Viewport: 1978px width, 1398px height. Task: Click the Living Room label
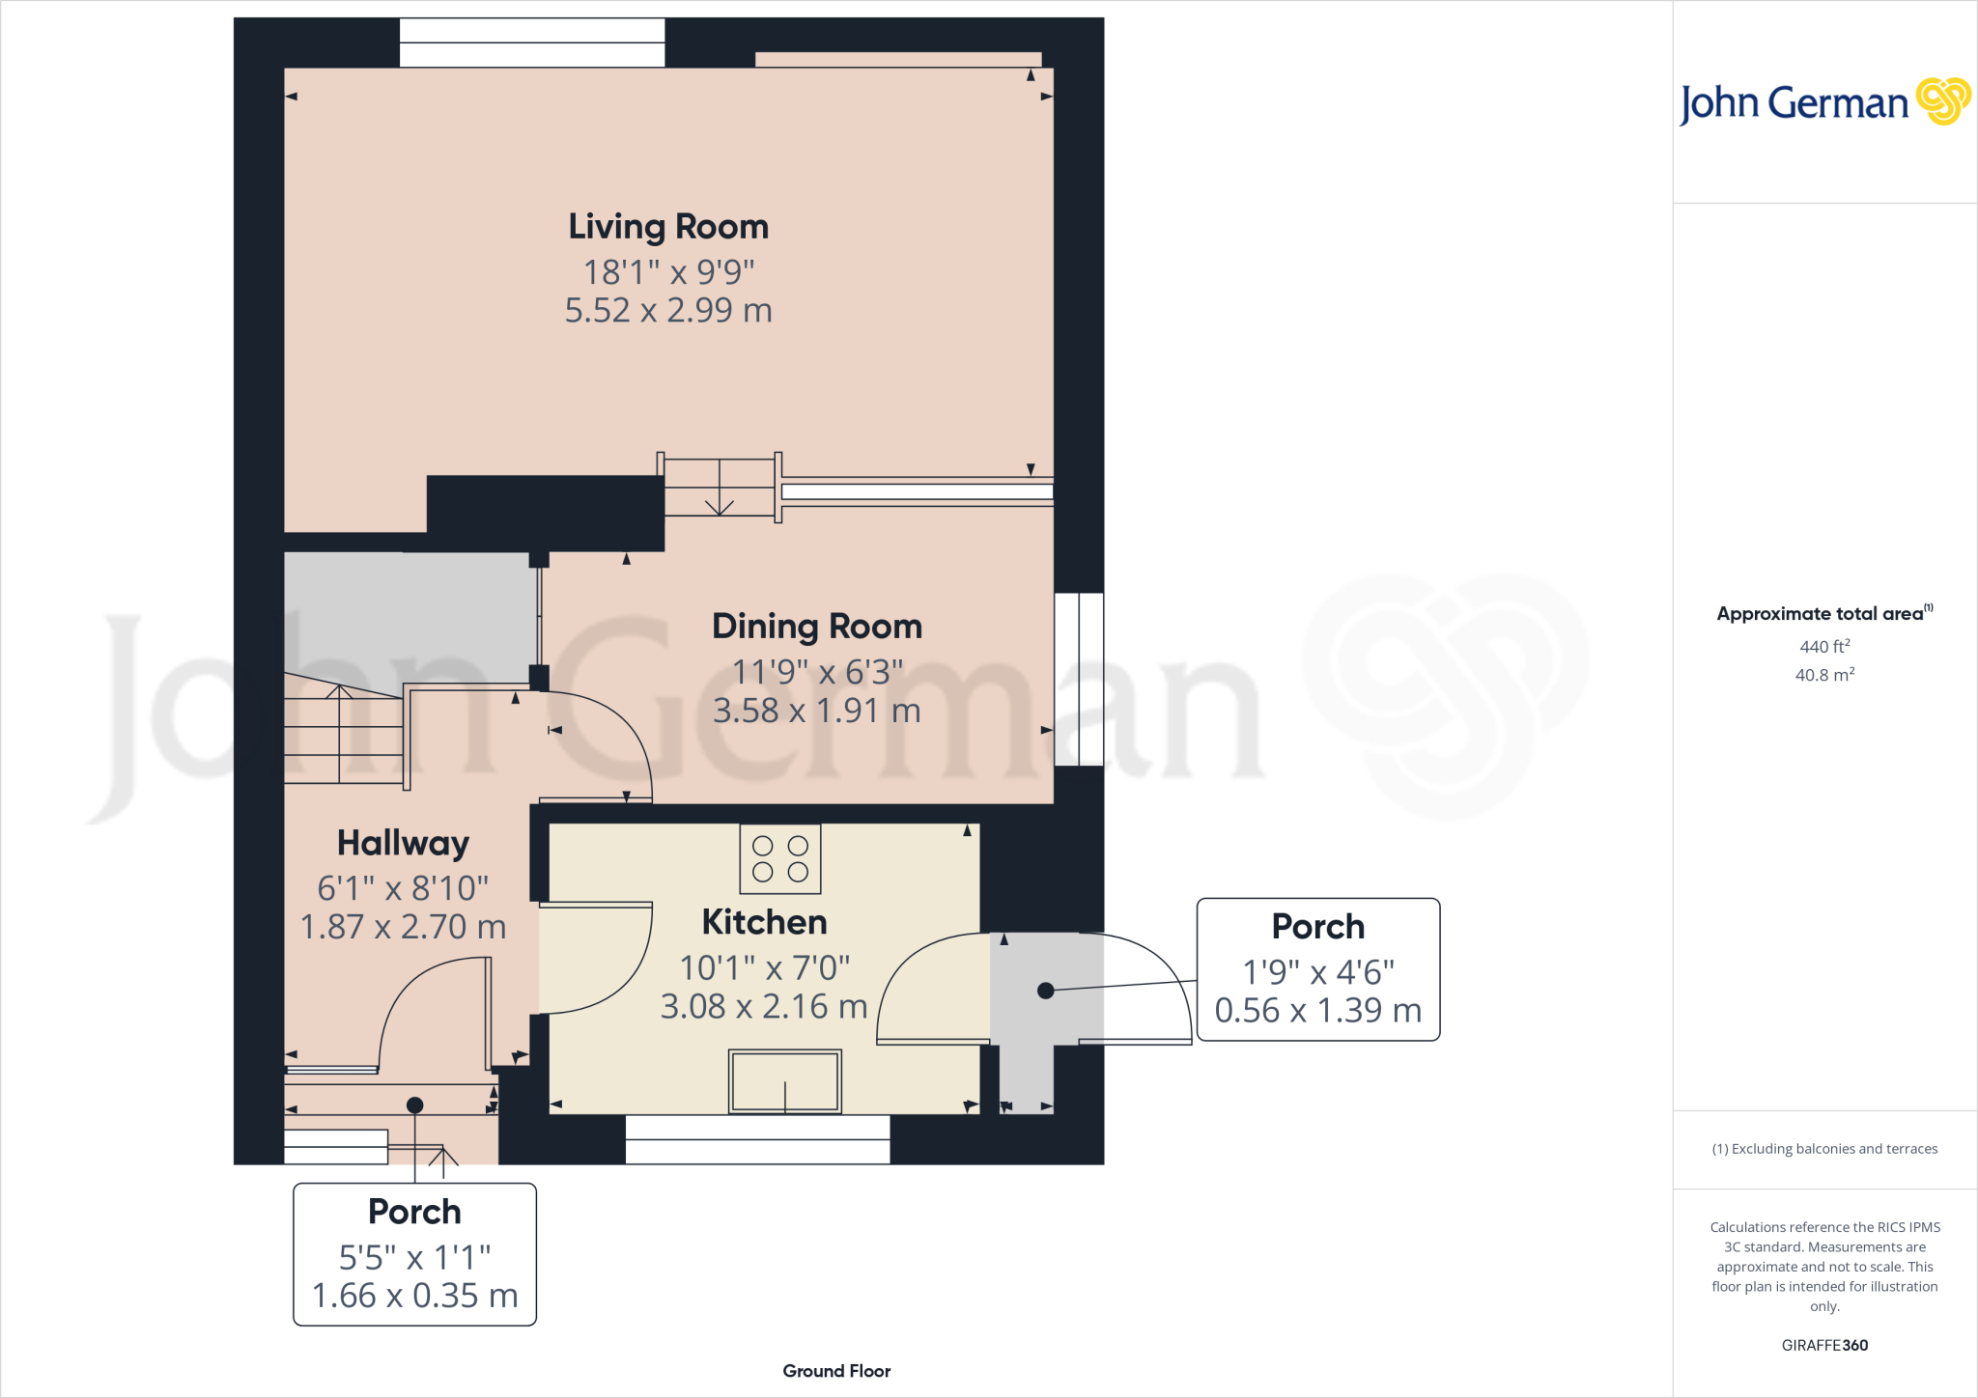coord(668,227)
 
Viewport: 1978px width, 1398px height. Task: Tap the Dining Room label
coord(817,627)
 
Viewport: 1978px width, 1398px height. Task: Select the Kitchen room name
coord(764,922)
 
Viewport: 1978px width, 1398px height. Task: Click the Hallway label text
coord(403,843)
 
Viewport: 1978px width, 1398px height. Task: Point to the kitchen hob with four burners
coord(780,858)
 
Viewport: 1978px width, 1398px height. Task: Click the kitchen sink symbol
coord(784,1081)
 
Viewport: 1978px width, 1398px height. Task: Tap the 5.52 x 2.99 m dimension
coord(668,311)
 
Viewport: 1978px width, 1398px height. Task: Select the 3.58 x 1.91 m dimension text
coord(817,712)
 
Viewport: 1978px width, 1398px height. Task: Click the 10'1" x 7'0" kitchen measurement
coord(764,967)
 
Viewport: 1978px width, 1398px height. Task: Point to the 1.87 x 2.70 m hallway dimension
coord(403,927)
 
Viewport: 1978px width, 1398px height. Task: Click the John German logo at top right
coord(1823,102)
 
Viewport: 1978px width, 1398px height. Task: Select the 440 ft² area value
coord(1824,647)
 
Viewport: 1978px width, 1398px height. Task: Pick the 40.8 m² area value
coord(1824,675)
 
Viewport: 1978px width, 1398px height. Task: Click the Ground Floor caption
coord(836,1371)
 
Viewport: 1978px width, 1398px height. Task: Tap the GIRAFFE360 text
coord(1824,1345)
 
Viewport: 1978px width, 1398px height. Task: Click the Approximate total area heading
coord(1821,614)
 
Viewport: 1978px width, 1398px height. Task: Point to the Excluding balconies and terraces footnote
coord(1824,1149)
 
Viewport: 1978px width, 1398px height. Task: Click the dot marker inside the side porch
coord(1045,991)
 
